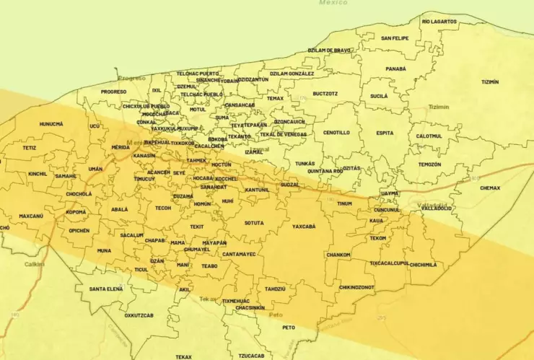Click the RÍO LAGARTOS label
[x=439, y=22]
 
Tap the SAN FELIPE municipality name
[x=395, y=38]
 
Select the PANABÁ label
[x=395, y=69]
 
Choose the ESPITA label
[x=385, y=133]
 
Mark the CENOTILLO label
[x=336, y=133]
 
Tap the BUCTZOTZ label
[x=325, y=93]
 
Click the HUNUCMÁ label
[x=51, y=123]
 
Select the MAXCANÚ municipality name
[x=31, y=216]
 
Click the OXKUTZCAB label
[x=141, y=315]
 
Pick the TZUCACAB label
[x=252, y=356]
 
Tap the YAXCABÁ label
[x=304, y=226]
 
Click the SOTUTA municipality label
[x=254, y=223]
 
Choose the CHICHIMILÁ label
[x=423, y=265]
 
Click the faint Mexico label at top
[x=333, y=3]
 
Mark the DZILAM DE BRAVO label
[x=329, y=51]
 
